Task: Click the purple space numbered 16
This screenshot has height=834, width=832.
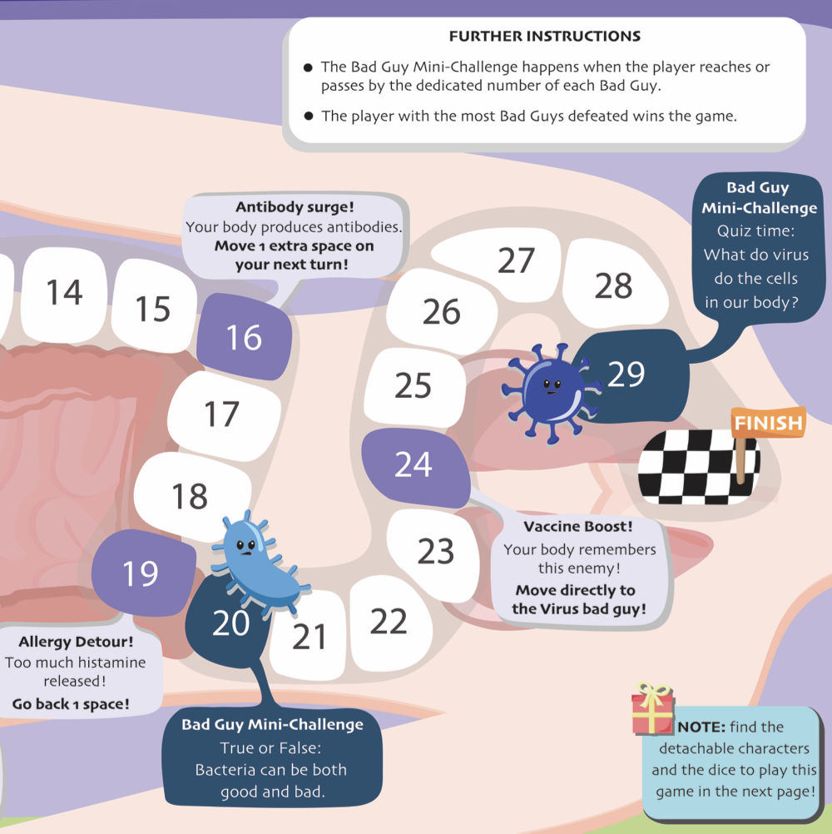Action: pos(244,337)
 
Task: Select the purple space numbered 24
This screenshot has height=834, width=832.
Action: pos(414,465)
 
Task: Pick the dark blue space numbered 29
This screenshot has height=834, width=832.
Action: pos(626,374)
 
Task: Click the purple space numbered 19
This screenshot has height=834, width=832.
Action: pos(140,573)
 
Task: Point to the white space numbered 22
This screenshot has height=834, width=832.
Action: pos(388,621)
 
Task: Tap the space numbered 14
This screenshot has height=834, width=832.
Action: pos(64,292)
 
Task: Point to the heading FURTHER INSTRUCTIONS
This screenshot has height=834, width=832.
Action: pos(545,37)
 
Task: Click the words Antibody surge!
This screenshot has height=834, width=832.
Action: pos(294,207)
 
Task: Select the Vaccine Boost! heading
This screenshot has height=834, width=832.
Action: pos(578,527)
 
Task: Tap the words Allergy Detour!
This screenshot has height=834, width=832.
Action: pos(76,643)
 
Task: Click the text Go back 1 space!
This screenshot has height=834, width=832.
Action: pos(71,704)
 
